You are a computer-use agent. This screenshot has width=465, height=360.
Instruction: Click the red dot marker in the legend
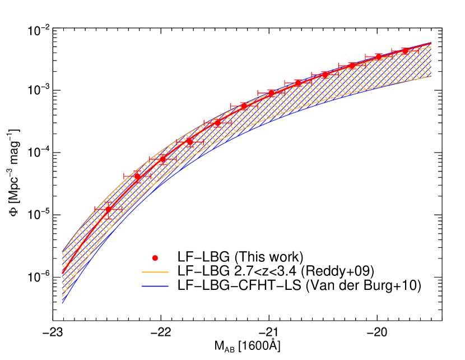155,258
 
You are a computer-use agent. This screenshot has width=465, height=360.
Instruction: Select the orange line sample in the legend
155,272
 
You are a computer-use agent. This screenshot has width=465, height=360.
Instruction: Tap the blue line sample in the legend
155,286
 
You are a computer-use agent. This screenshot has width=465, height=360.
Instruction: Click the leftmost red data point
109,209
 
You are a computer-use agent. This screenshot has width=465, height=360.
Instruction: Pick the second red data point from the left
137,177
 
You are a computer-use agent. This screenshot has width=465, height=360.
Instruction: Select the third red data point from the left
162,160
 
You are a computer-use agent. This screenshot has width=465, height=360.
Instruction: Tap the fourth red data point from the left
189,142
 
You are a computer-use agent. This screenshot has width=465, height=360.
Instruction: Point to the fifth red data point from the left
217,123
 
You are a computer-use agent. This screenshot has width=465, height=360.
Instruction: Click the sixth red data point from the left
244,105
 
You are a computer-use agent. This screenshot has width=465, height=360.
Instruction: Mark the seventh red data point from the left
271,93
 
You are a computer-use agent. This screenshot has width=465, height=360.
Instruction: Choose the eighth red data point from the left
298,83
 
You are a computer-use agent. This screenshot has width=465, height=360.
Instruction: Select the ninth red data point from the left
325,75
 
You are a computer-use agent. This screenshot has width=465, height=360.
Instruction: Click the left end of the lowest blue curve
62,303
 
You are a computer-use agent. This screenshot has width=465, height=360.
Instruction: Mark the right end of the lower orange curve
431,77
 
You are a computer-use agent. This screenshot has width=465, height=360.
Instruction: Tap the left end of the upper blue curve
62,252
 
